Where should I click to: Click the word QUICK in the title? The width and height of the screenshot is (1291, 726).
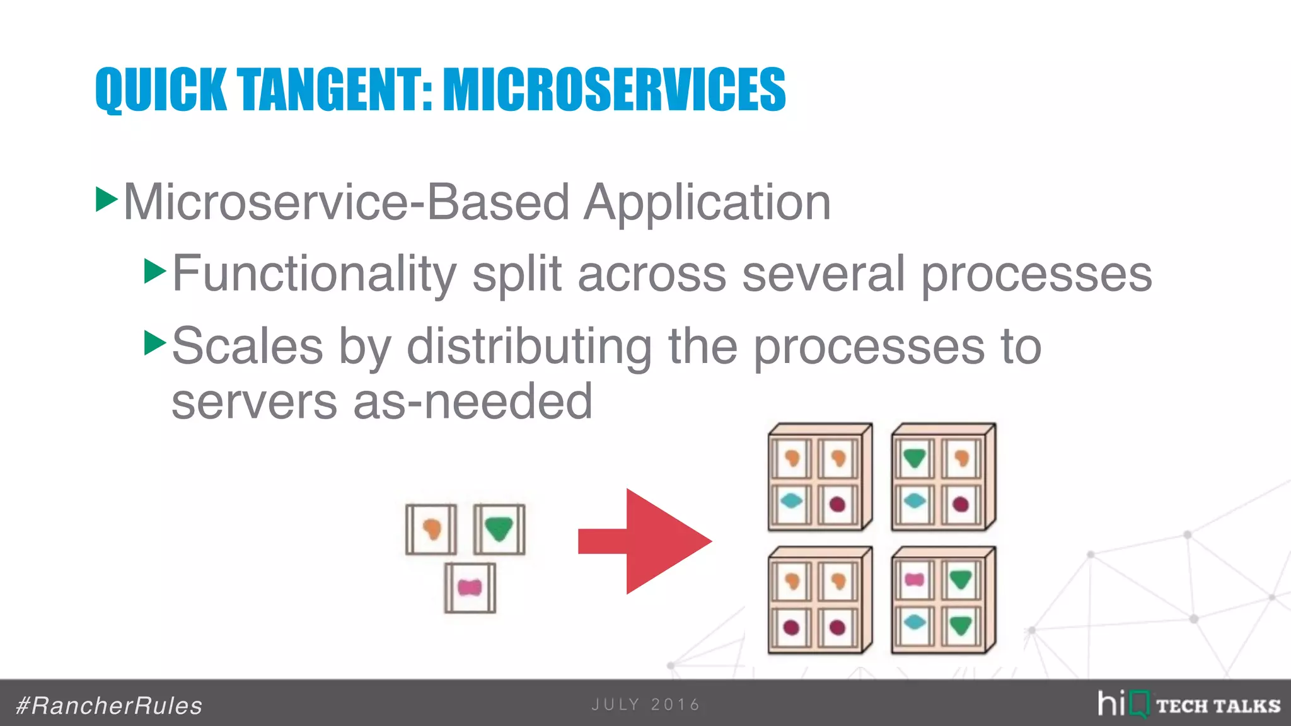[x=160, y=89]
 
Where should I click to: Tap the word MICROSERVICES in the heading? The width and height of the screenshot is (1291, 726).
[x=614, y=89]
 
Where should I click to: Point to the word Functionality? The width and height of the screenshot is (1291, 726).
[x=314, y=274]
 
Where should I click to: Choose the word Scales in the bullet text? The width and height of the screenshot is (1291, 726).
[x=247, y=346]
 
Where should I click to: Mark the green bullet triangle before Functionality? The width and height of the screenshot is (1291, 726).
[x=154, y=271]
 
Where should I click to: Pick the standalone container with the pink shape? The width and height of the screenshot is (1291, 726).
[x=470, y=588]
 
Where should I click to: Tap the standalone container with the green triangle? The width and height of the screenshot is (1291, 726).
[x=499, y=529]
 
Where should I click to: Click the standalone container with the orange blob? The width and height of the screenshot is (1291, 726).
[x=431, y=529]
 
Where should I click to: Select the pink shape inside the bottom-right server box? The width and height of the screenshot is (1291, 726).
[x=914, y=580]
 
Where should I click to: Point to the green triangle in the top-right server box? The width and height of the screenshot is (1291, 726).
[x=914, y=458]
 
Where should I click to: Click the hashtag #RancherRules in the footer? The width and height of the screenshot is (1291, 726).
[x=109, y=706]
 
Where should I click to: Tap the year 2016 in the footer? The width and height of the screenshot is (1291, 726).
[x=675, y=705]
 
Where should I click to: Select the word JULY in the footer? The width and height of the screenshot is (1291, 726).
[x=615, y=705]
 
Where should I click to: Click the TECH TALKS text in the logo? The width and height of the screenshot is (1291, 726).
[x=1218, y=706]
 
